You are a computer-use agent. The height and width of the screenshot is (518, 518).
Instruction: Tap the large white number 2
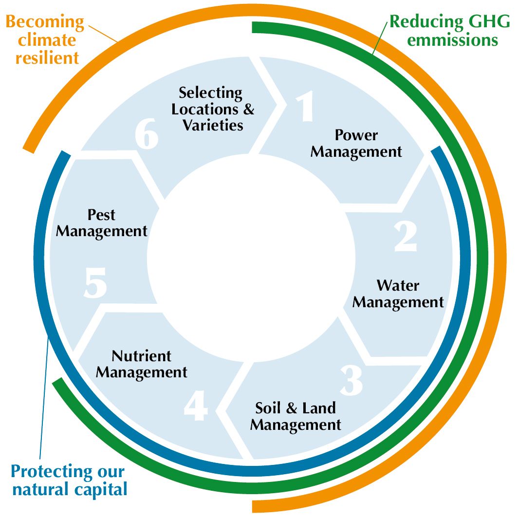pyautogui.click(x=405, y=237)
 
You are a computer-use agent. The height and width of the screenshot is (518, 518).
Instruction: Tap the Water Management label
pyautogui.click(x=398, y=294)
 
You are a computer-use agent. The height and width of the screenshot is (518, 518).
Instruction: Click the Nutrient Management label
pyautogui.click(x=142, y=364)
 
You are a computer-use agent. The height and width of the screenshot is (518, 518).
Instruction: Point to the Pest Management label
pyautogui.click(x=102, y=222)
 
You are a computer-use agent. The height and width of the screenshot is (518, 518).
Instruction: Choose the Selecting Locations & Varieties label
pyautogui.click(x=213, y=109)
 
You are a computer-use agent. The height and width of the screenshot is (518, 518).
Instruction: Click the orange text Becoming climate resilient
pyautogui.click(x=45, y=40)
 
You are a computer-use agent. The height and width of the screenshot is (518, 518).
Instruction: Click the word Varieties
pyautogui.click(x=213, y=125)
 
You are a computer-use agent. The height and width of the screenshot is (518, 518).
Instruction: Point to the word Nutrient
pyautogui.click(x=142, y=356)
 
